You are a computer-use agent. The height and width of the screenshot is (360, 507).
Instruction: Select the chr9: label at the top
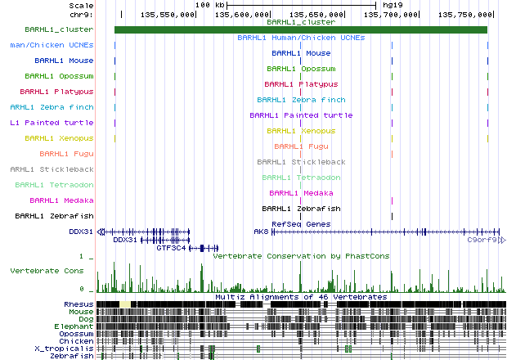81,15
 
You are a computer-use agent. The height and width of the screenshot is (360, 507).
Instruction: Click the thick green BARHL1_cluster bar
300,30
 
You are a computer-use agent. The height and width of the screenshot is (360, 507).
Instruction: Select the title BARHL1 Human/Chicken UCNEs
300,38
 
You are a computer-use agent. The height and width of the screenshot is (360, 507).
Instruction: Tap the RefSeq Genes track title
300,223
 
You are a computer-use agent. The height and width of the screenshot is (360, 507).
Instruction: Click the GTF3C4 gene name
172,247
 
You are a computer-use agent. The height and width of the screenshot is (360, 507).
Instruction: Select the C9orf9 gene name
482,241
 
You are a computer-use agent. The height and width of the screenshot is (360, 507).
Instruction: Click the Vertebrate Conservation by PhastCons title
300,255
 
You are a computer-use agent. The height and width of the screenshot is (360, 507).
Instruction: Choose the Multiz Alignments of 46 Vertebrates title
300,296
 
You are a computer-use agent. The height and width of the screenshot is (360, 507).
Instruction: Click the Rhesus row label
79,304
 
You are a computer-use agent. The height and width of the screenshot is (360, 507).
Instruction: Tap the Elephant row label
75,326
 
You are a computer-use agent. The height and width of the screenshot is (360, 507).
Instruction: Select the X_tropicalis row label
70,349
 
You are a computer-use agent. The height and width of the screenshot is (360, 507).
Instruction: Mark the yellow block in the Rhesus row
125,304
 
